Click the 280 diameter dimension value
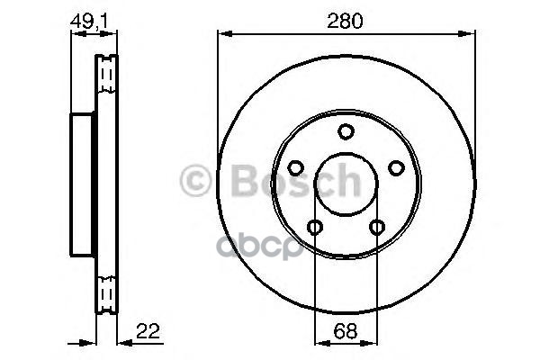point(345,21)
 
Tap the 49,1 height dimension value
point(89,22)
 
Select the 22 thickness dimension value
point(148,331)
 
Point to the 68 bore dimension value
point(346,332)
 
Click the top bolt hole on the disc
point(346,131)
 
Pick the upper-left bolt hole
point(295,168)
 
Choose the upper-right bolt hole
point(396,168)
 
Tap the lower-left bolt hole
point(315,227)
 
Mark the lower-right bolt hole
point(377,227)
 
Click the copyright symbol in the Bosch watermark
point(195,181)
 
